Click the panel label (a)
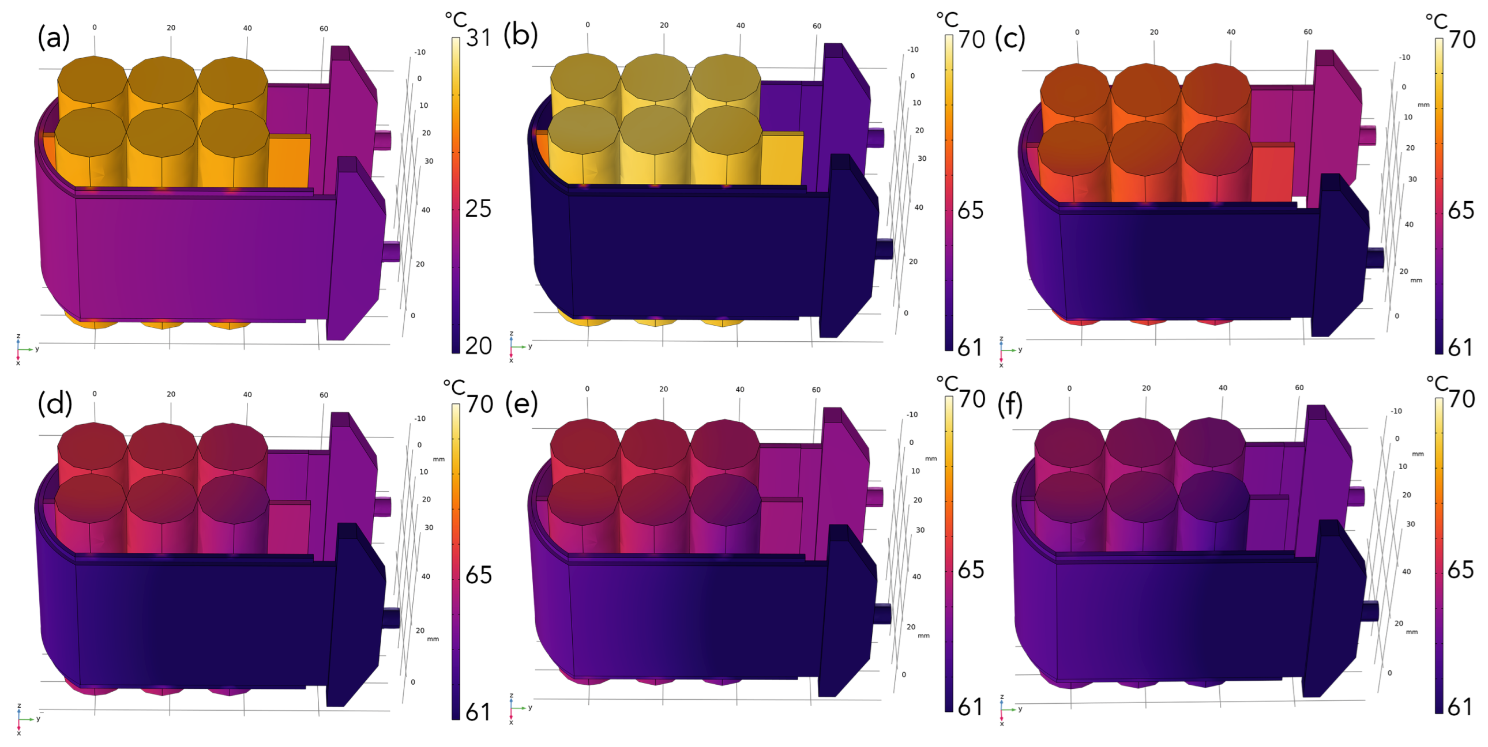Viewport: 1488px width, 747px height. click(x=54, y=37)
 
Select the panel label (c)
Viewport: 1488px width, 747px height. click(x=1010, y=37)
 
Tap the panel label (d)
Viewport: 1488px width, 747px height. click(x=55, y=402)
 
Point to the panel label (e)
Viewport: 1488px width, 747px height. click(x=521, y=402)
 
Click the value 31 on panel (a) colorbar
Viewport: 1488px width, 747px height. click(x=478, y=38)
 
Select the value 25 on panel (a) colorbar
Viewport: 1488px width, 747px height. click(x=478, y=209)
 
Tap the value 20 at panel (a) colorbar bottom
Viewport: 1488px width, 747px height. click(x=478, y=346)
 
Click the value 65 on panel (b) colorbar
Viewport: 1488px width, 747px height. click(x=971, y=211)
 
